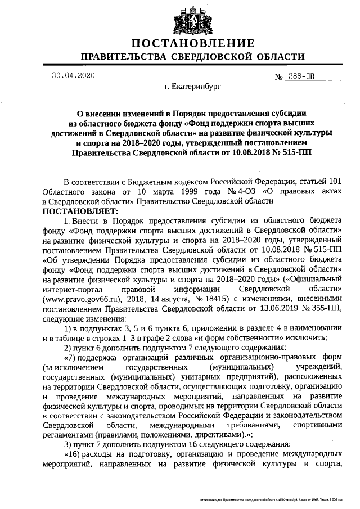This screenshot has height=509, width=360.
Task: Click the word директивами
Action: click(x=217, y=434)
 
